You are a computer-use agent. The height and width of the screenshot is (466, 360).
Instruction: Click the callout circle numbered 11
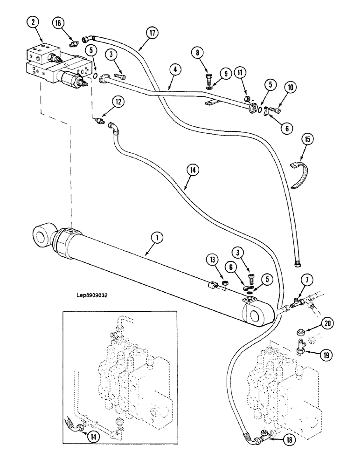point(240,73)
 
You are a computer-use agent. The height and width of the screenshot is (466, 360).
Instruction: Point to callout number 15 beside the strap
point(309,139)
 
